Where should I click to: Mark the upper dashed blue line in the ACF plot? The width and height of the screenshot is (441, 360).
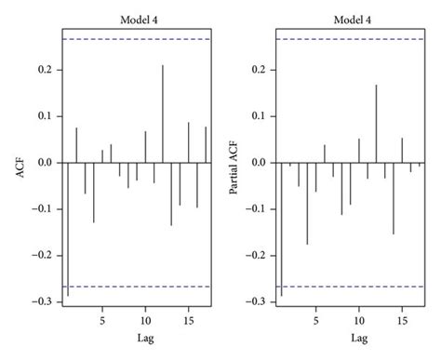coord(136,39)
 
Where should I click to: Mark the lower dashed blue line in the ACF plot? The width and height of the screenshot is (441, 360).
coord(136,286)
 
